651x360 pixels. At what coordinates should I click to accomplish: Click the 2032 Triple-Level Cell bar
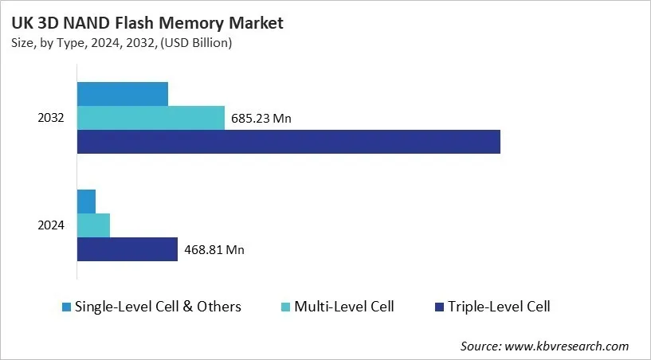click(288, 142)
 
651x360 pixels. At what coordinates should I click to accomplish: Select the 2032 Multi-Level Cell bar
click(151, 118)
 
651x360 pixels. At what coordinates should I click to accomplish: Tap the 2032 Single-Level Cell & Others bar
click(122, 94)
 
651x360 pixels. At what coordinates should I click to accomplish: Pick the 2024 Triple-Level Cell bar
click(127, 249)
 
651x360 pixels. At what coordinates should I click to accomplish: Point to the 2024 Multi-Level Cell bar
click(93, 225)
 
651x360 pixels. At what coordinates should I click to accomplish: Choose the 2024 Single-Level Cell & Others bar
click(86, 202)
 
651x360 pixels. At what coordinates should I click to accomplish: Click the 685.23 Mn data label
click(261, 119)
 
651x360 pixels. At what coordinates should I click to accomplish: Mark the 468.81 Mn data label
click(214, 249)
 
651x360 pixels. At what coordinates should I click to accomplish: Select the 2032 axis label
click(51, 118)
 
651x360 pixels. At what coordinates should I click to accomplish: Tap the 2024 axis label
click(51, 225)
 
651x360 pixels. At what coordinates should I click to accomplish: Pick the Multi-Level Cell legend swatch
click(284, 307)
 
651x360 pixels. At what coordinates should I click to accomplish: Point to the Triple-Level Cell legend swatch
click(438, 307)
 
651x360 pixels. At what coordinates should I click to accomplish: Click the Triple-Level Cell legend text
click(499, 307)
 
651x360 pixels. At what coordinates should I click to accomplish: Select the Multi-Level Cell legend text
click(343, 307)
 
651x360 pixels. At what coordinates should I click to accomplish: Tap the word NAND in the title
click(88, 24)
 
